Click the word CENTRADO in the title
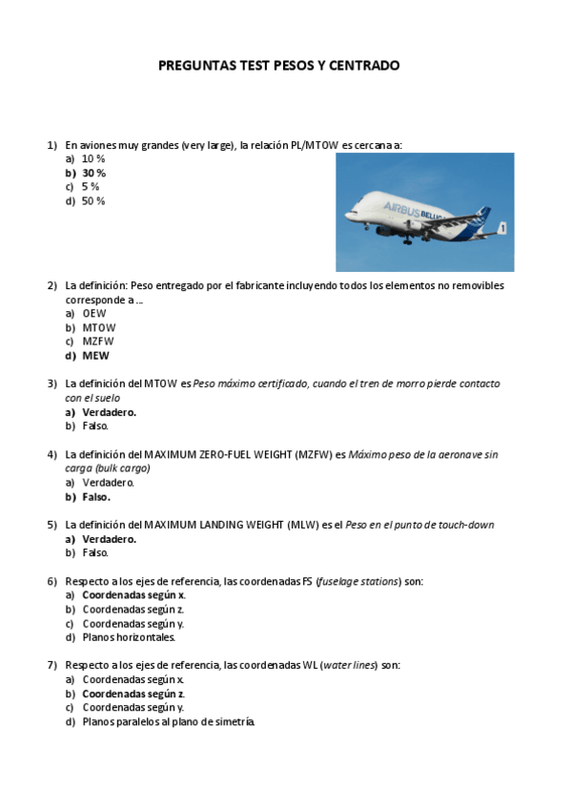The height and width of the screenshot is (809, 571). (x=362, y=66)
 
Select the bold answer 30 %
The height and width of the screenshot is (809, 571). (x=93, y=173)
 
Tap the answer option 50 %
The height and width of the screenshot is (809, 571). (x=93, y=201)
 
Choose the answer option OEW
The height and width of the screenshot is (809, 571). (x=94, y=313)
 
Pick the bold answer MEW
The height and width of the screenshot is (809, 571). (x=95, y=356)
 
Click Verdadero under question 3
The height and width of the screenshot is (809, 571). (x=109, y=412)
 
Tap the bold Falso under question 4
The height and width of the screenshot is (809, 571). (x=96, y=496)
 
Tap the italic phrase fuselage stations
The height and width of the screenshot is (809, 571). (x=357, y=581)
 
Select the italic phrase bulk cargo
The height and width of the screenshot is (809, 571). (x=122, y=468)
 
